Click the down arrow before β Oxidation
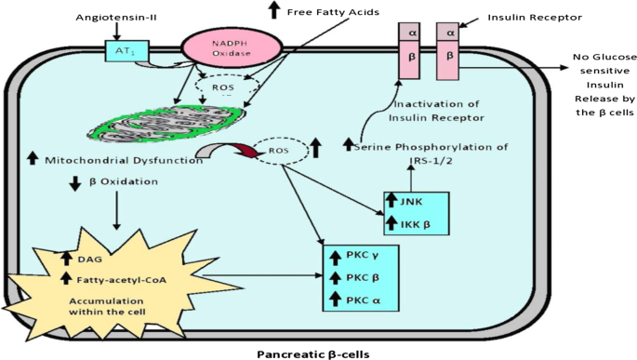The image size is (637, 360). (73, 183)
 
